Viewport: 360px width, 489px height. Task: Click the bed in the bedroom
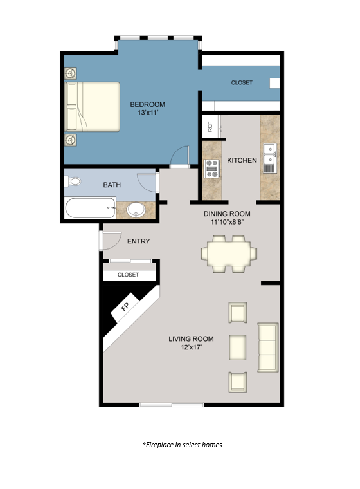click(x=93, y=106)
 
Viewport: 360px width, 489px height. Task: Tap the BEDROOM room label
click(x=148, y=104)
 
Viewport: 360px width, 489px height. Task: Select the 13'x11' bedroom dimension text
click(x=148, y=113)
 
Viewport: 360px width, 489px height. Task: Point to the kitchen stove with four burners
click(x=212, y=169)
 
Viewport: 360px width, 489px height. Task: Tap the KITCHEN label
click(x=242, y=160)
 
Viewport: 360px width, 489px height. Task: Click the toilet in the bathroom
click(x=74, y=181)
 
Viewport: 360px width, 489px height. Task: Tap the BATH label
click(x=113, y=185)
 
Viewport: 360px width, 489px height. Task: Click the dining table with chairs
click(x=228, y=252)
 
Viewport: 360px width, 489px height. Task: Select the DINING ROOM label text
click(x=227, y=214)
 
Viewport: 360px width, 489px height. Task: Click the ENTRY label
click(x=139, y=241)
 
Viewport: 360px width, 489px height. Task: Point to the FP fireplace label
click(x=125, y=307)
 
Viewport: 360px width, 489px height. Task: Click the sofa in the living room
click(x=267, y=347)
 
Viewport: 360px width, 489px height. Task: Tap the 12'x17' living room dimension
click(x=191, y=348)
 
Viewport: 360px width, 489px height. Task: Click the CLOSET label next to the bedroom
click(x=242, y=83)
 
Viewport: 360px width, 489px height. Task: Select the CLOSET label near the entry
click(x=129, y=275)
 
